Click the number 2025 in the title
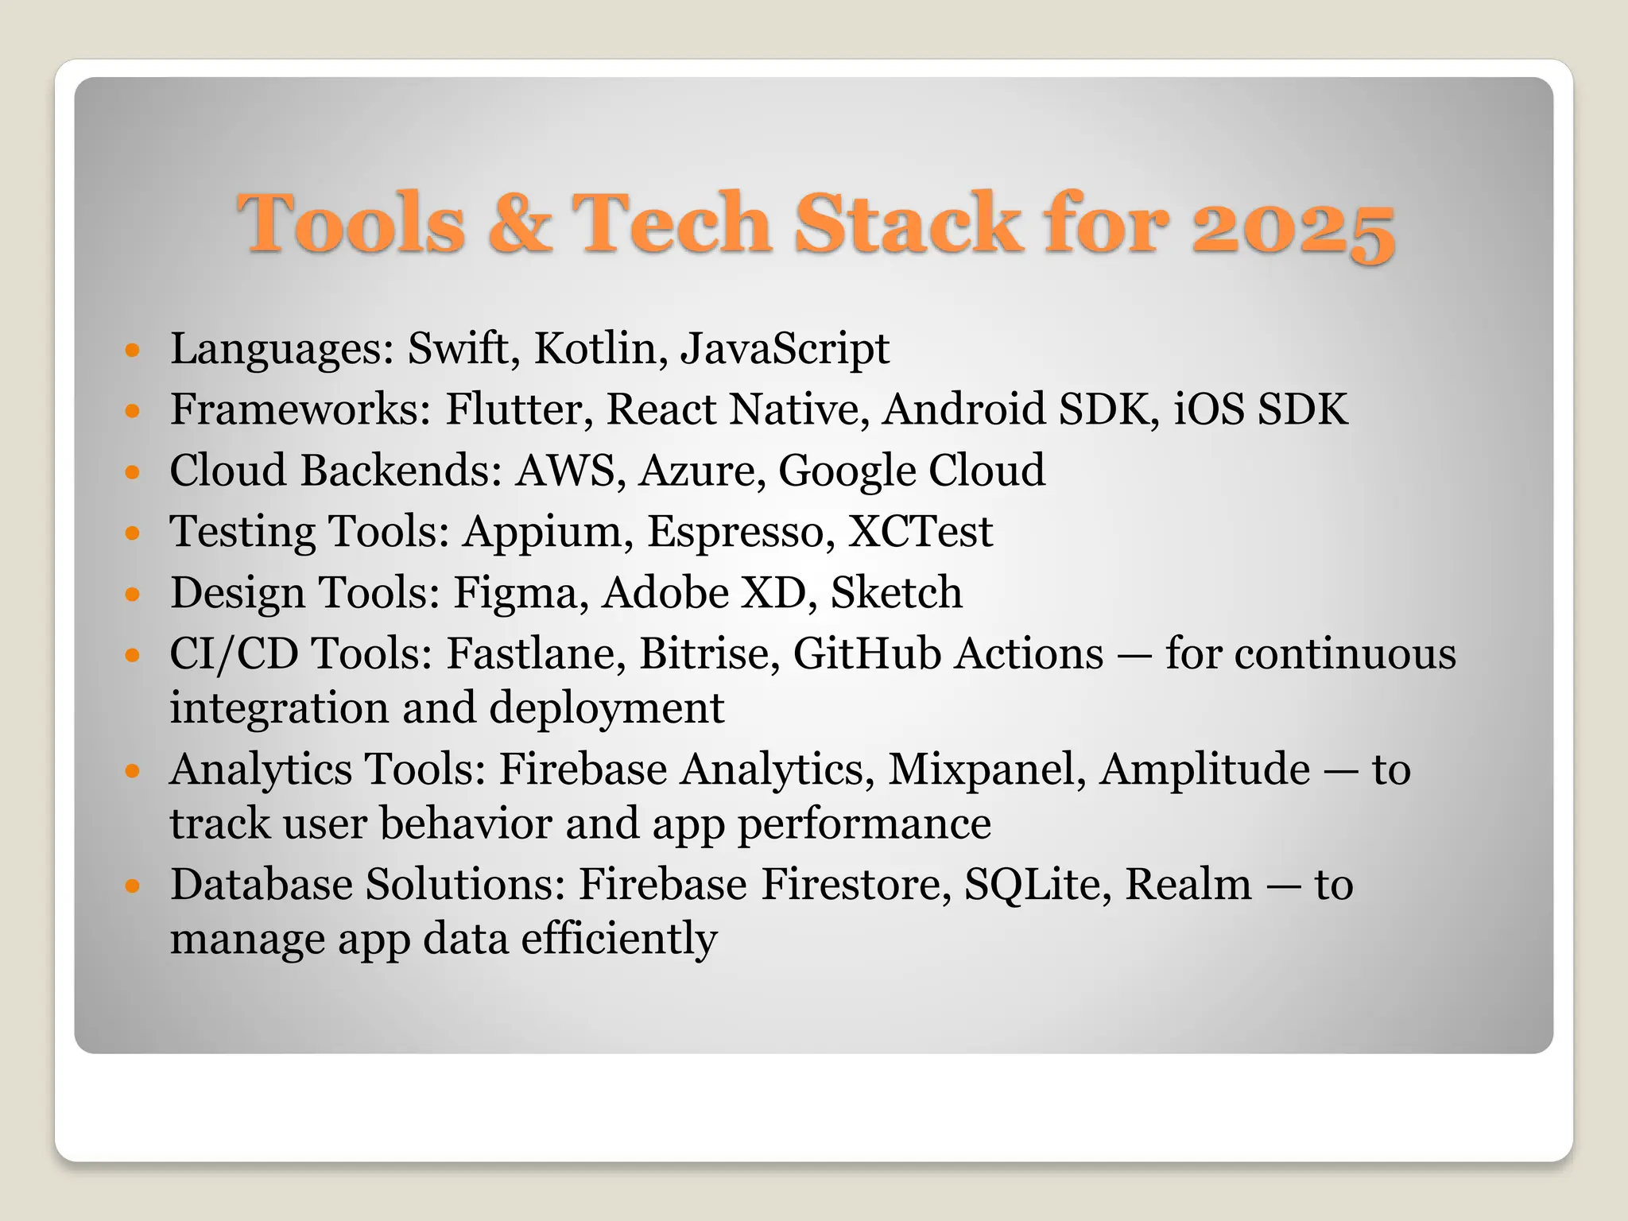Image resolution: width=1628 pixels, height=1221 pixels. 1293,225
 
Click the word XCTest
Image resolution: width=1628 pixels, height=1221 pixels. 920,531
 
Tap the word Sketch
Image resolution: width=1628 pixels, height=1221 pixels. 896,592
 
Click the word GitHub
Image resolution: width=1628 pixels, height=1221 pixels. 867,653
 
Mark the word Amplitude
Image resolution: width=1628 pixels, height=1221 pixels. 1204,769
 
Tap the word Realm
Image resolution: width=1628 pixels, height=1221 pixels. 1188,885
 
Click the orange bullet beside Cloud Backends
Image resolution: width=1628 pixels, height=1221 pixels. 133,472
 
